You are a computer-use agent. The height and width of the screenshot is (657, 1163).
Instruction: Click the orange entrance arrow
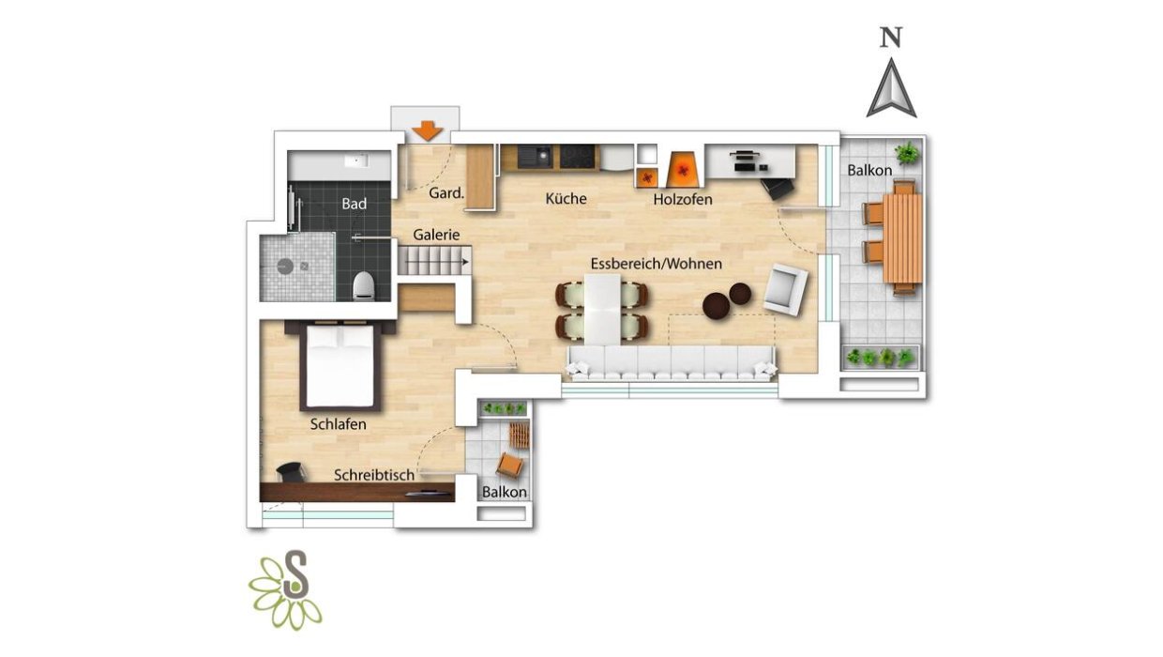[x=428, y=130]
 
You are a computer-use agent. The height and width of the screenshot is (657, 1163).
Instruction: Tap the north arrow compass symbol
[x=891, y=88]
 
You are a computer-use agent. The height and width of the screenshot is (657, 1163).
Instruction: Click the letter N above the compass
[x=891, y=37]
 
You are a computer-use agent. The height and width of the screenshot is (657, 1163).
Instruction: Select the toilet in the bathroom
[x=364, y=286]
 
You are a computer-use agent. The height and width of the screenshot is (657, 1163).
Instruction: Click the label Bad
[x=355, y=204]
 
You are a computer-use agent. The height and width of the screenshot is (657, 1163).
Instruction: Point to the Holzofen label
[x=683, y=199]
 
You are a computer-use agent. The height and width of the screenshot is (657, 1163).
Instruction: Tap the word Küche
[x=566, y=198]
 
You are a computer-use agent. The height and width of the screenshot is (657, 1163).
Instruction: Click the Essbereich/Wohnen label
[x=657, y=264]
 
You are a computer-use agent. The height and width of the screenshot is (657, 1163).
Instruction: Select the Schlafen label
[x=338, y=424]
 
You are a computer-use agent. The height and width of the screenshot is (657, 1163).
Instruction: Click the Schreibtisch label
[x=374, y=475]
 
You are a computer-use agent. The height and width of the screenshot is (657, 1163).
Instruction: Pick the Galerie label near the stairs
[x=436, y=235]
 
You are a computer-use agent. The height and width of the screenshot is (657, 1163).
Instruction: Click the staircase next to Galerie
[x=434, y=260]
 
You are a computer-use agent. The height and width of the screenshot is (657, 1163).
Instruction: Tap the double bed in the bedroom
[x=340, y=366]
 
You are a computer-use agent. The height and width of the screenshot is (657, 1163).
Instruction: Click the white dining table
[x=602, y=310]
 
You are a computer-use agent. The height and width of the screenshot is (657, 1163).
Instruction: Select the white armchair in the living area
[x=786, y=289]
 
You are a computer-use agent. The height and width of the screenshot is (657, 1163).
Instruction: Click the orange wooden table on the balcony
[x=903, y=237]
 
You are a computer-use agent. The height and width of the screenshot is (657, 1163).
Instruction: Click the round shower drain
[x=285, y=267]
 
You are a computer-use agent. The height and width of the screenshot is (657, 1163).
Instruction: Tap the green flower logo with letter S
[x=285, y=590]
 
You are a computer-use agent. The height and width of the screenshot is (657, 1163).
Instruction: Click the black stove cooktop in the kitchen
[x=578, y=157]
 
